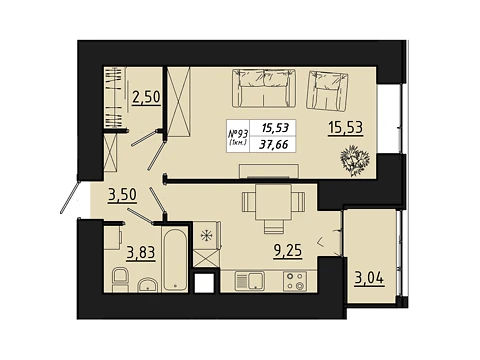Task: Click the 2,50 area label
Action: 146,98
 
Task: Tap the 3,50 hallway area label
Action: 122,195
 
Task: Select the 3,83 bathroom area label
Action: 141,253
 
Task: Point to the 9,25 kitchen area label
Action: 288,251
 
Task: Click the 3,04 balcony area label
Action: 369,278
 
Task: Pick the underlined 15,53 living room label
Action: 346,128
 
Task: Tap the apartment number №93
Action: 238,134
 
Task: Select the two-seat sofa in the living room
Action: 264,88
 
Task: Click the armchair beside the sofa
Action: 327,91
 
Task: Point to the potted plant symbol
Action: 355,160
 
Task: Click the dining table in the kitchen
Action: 273,202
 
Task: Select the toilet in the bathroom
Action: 120,280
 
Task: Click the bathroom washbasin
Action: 148,285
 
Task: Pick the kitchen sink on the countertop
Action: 250,281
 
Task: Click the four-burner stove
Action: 295,281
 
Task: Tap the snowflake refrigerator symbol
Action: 207,236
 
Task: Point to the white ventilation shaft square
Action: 204,283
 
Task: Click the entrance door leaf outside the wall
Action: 70,197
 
